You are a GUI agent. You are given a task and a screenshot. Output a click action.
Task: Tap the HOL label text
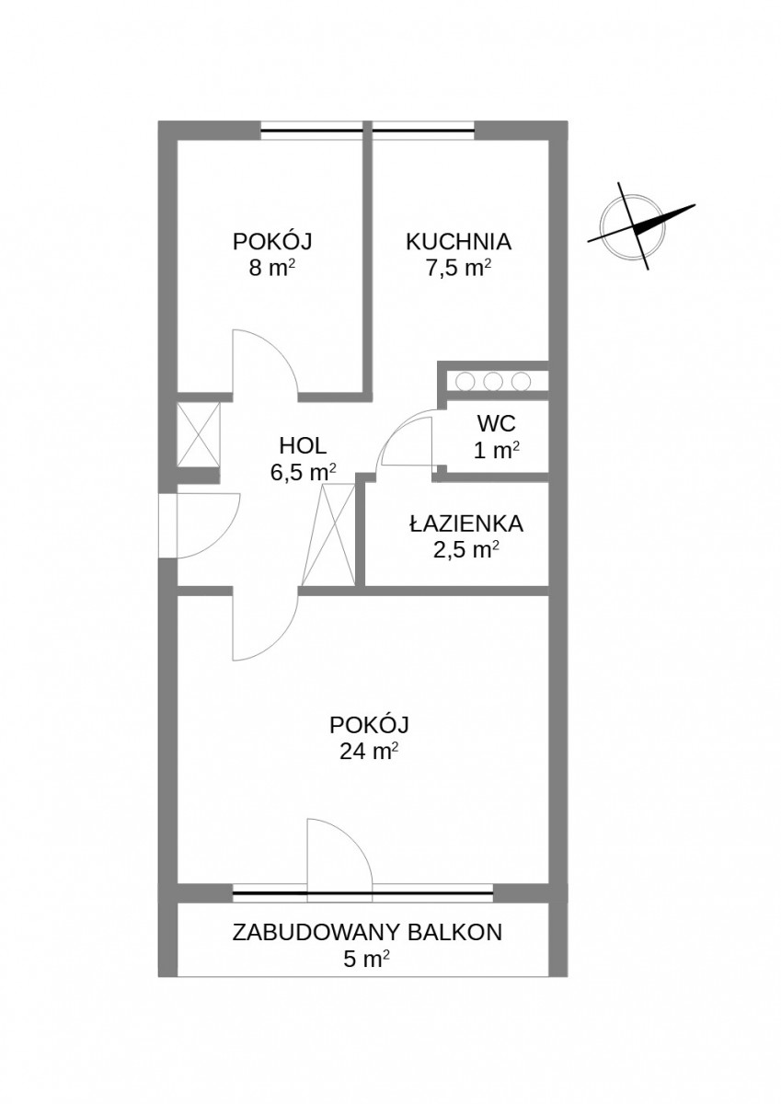point(303,446)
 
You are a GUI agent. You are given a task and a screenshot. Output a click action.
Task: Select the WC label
point(496,422)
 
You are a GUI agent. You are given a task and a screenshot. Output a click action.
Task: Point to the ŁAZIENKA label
point(466,523)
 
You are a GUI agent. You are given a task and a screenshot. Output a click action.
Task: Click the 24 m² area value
point(369,753)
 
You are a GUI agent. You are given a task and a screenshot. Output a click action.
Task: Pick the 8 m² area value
point(273,269)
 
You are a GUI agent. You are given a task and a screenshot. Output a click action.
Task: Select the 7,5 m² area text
point(458,269)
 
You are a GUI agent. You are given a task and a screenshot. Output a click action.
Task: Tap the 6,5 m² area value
point(303,473)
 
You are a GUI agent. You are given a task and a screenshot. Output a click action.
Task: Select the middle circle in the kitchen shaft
point(491,381)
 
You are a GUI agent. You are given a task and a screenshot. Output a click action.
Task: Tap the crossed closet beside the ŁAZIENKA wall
point(329,535)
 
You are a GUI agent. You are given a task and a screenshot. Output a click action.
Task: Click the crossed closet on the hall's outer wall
point(198,433)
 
